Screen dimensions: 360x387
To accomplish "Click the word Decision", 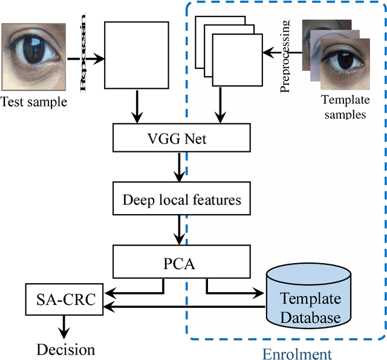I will click(65, 349).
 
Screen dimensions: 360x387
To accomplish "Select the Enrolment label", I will click(297, 353).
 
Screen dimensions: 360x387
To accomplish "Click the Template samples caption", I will click(343, 106).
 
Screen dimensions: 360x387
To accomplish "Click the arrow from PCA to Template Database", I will click(236, 292).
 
